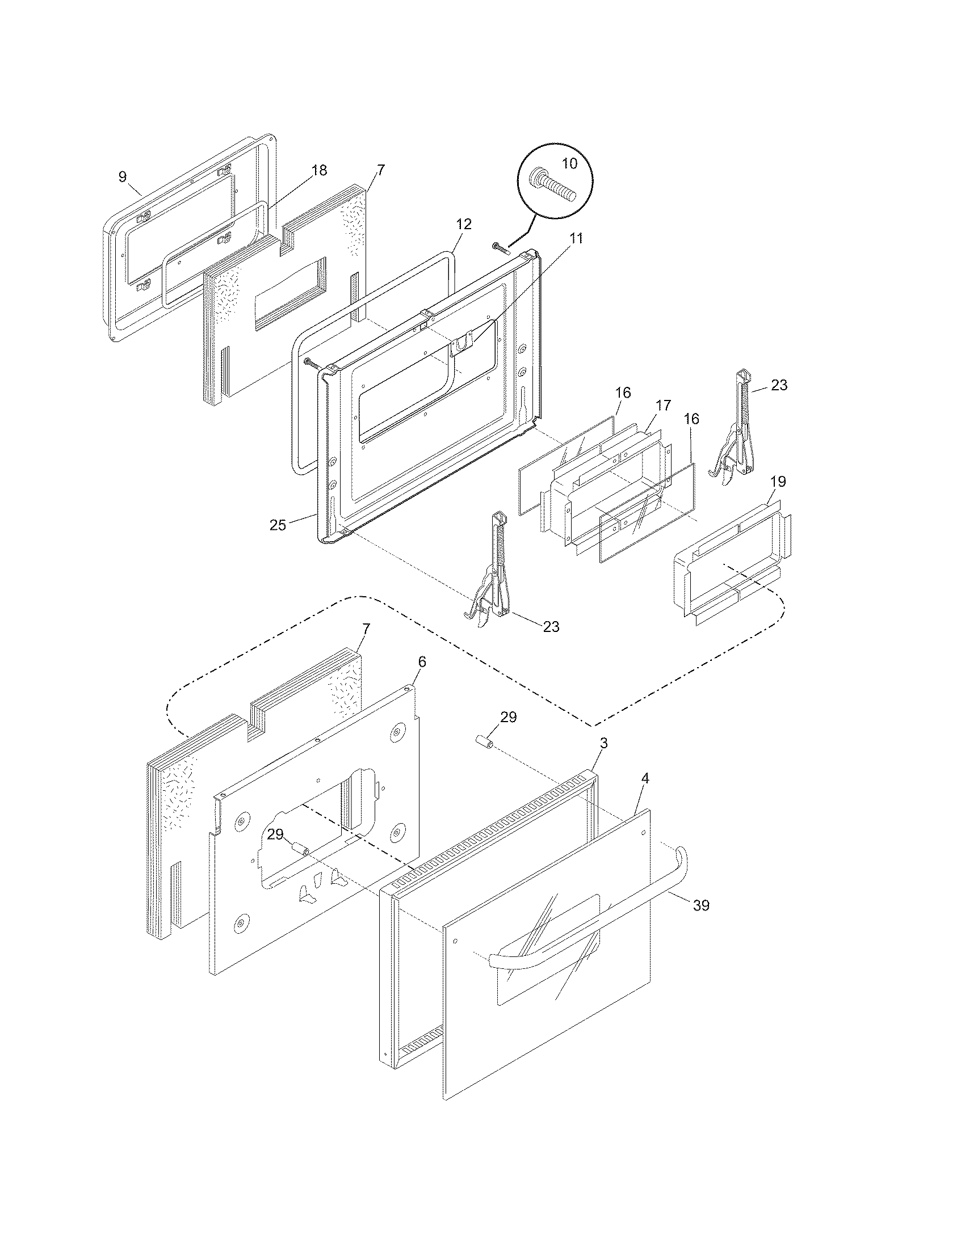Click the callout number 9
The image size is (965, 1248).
pos(123,177)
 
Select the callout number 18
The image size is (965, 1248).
pos(319,170)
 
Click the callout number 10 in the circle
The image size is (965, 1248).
pos(569,163)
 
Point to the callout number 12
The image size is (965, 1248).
pos(464,225)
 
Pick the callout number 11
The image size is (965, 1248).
pos(576,238)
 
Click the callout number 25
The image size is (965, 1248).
pos(278,525)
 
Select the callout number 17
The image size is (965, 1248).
pos(662,406)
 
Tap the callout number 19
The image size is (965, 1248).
pos(778,481)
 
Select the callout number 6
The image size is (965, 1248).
pos(422,661)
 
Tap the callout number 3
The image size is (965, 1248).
pos(604,743)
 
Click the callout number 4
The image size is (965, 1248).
pos(645,778)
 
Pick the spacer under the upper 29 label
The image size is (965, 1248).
pos(484,744)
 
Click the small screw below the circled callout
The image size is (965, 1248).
pos(500,247)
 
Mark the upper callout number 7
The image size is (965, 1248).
pos(381,170)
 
